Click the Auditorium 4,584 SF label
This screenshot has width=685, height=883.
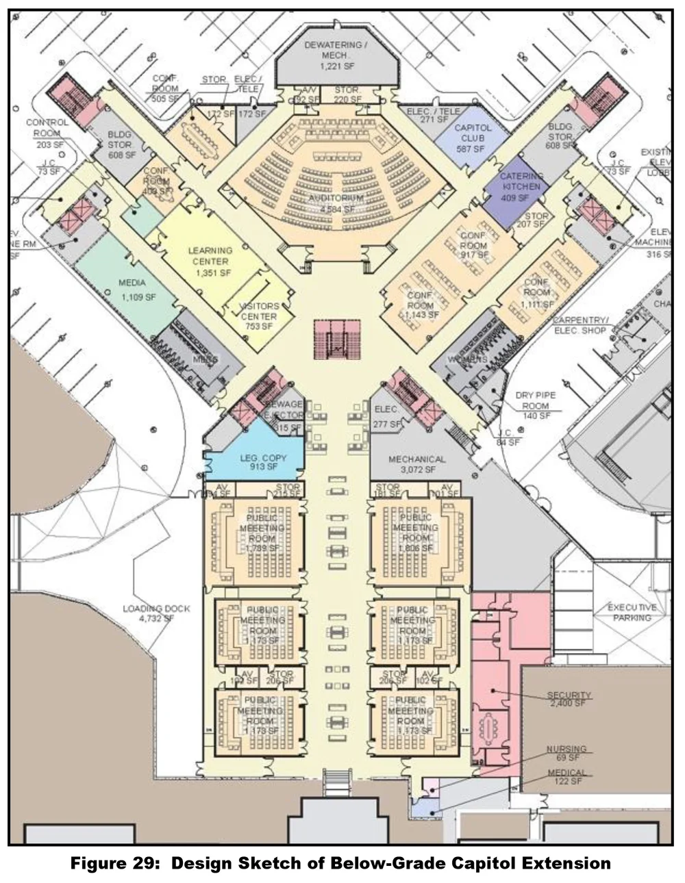tap(335, 203)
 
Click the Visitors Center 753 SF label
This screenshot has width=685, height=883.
tap(258, 316)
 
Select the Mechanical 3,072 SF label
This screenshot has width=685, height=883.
tap(416, 464)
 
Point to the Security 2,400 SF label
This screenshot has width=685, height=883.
tap(569, 699)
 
